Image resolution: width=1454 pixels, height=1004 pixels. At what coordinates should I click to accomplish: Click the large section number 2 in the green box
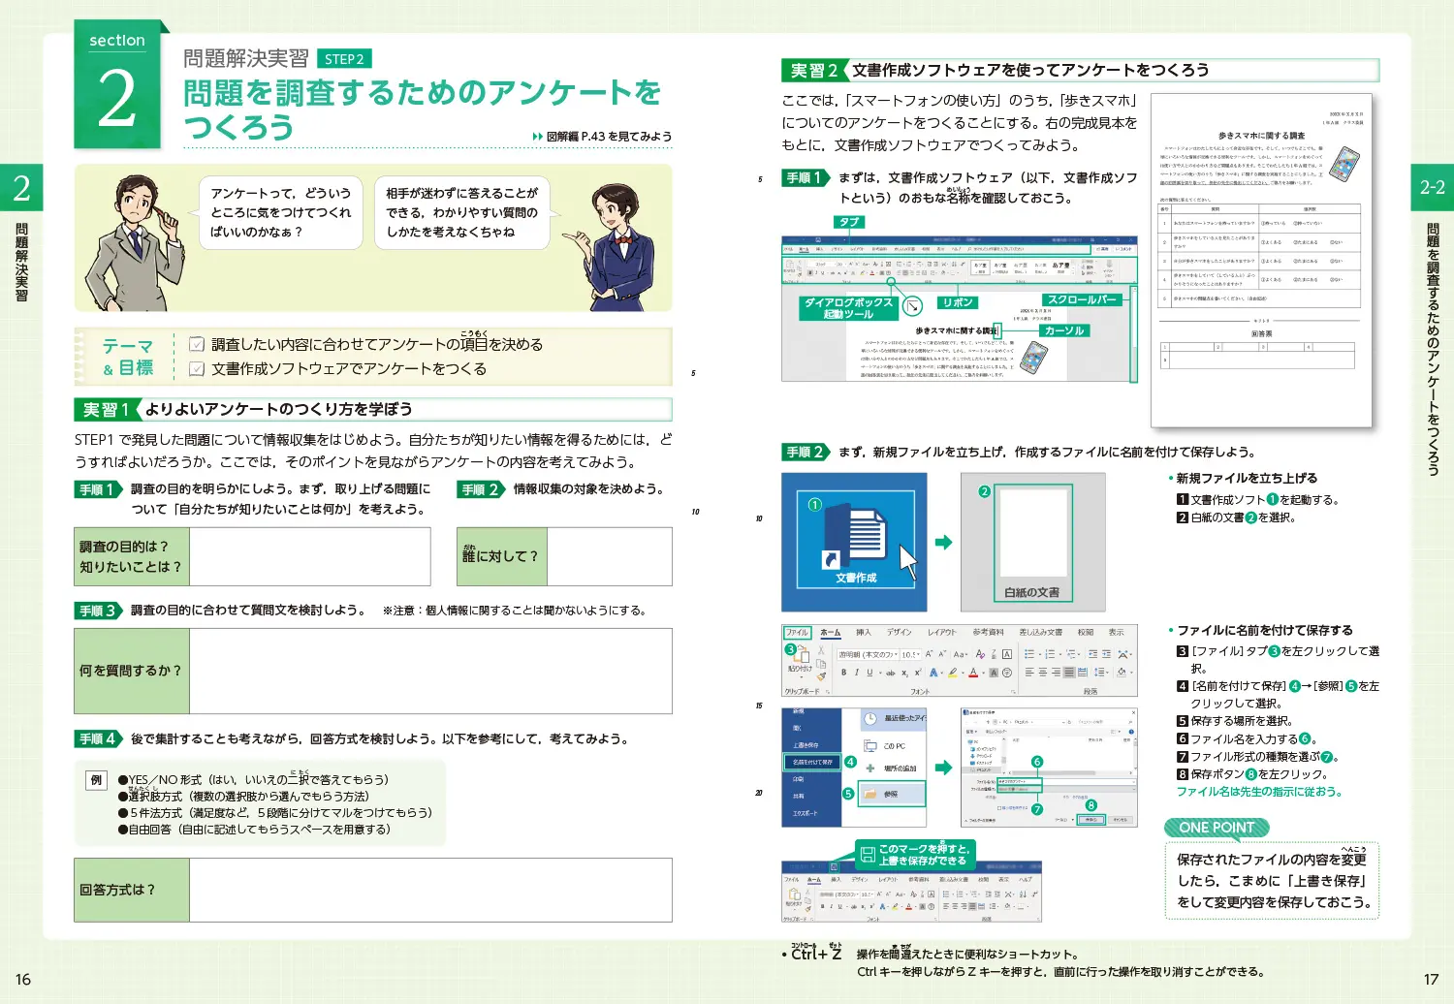pos(117,100)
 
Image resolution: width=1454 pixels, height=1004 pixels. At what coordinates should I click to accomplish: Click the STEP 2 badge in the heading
pos(344,59)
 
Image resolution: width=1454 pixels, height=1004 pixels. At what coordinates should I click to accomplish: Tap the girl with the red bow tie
pos(616,247)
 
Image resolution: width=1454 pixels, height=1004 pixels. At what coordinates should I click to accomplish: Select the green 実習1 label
pos(107,410)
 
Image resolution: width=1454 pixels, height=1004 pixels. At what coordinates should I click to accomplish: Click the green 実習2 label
pos(813,71)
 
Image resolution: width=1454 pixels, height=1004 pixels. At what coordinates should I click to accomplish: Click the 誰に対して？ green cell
pos(501,556)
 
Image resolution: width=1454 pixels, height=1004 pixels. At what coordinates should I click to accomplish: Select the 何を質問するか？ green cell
pos(132,671)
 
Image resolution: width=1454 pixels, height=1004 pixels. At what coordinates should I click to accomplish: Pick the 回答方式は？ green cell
pos(132,890)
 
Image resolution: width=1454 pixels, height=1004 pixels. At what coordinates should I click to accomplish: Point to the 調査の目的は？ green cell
pos(132,556)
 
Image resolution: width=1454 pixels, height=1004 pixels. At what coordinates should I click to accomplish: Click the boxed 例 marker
pos(96,779)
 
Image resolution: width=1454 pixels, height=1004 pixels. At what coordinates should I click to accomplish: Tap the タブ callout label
pos(849,222)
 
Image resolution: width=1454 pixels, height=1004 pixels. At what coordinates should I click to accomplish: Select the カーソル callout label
pos(1064,330)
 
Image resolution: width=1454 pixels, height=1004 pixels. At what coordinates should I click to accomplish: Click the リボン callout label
pos(958,302)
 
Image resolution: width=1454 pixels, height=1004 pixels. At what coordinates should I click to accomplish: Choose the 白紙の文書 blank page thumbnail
pos(1033,543)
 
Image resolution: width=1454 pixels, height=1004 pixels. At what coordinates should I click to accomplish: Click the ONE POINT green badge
pos(1217,828)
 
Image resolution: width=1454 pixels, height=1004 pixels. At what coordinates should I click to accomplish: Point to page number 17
pos(1431,980)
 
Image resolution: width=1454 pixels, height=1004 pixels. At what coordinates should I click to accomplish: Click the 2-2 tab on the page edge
pos(1432,188)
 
